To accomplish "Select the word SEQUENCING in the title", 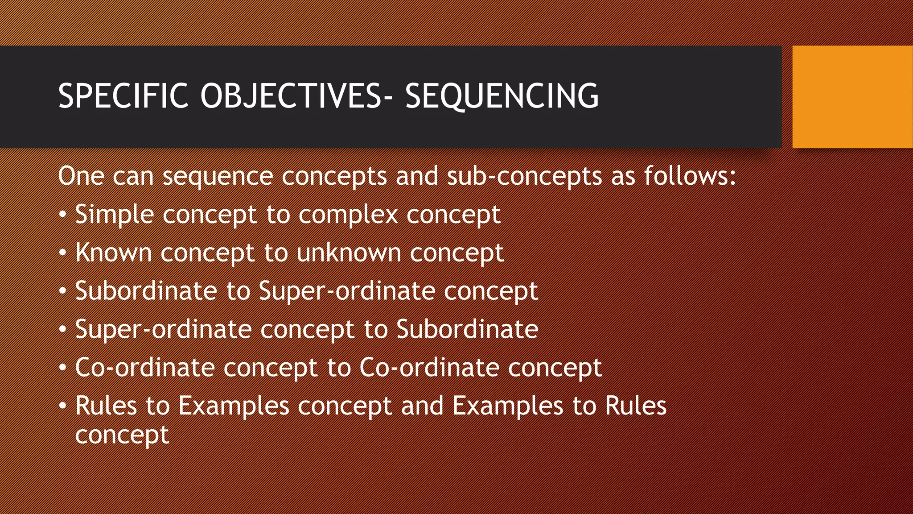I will (502, 96).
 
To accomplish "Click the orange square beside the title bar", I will (852, 97).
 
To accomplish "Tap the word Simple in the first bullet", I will (115, 215).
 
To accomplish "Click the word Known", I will (113, 253).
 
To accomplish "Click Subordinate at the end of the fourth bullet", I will (467, 329).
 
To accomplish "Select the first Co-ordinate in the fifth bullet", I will (144, 368).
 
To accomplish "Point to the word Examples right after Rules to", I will (234, 406).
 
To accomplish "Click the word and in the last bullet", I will (422, 406).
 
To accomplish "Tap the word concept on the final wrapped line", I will (122, 435).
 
